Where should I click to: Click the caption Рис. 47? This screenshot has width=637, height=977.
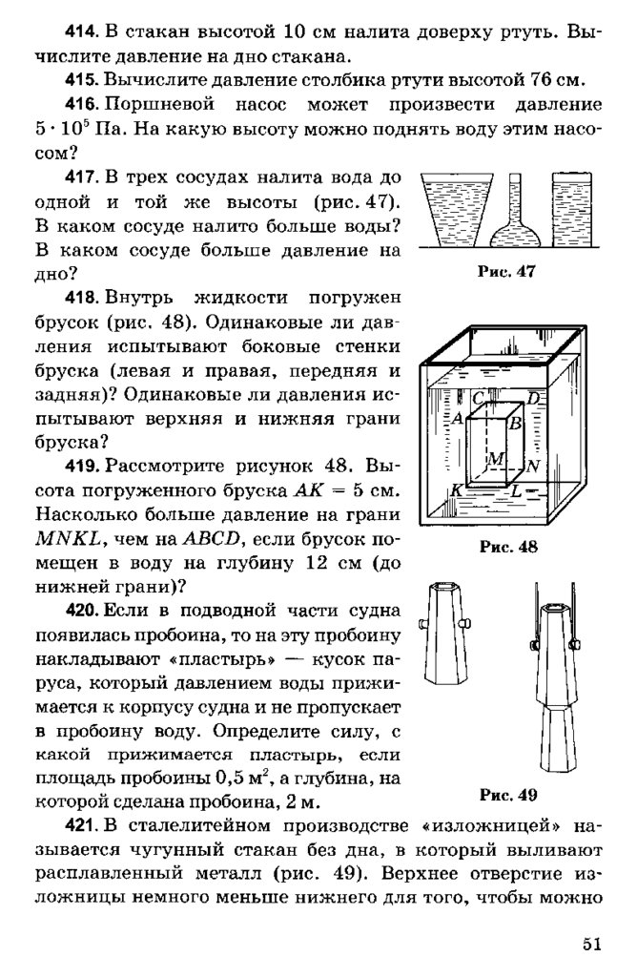click(507, 271)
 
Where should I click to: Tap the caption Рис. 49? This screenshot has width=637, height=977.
click(507, 795)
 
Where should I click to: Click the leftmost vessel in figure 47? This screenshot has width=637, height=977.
click(452, 210)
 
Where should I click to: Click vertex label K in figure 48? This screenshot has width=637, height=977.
click(457, 488)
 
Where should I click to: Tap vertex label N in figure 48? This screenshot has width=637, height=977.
click(533, 467)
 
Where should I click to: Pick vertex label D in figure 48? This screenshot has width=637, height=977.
click(533, 398)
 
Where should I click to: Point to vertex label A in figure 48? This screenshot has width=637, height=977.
click(459, 418)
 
